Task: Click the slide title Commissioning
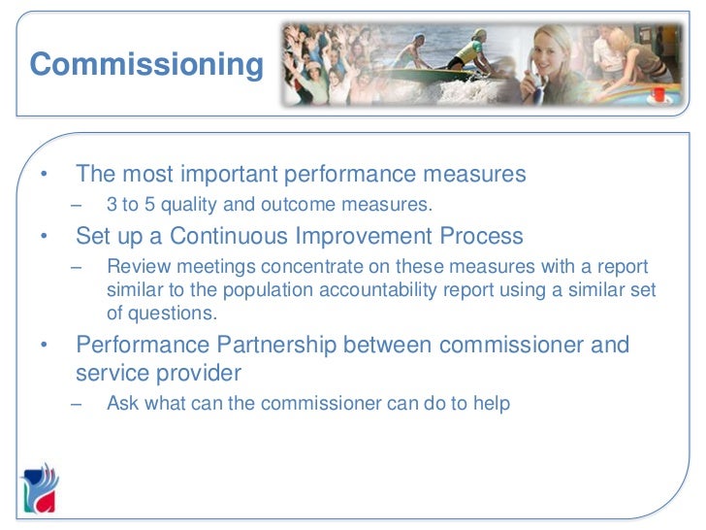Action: pyautogui.click(x=146, y=65)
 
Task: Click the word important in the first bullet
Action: pyautogui.click(x=224, y=175)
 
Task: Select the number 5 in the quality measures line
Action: pyautogui.click(x=150, y=205)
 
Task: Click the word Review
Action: pyautogui.click(x=134, y=267)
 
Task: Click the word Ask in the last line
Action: pyautogui.click(x=122, y=403)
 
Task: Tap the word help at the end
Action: pyautogui.click(x=492, y=403)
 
